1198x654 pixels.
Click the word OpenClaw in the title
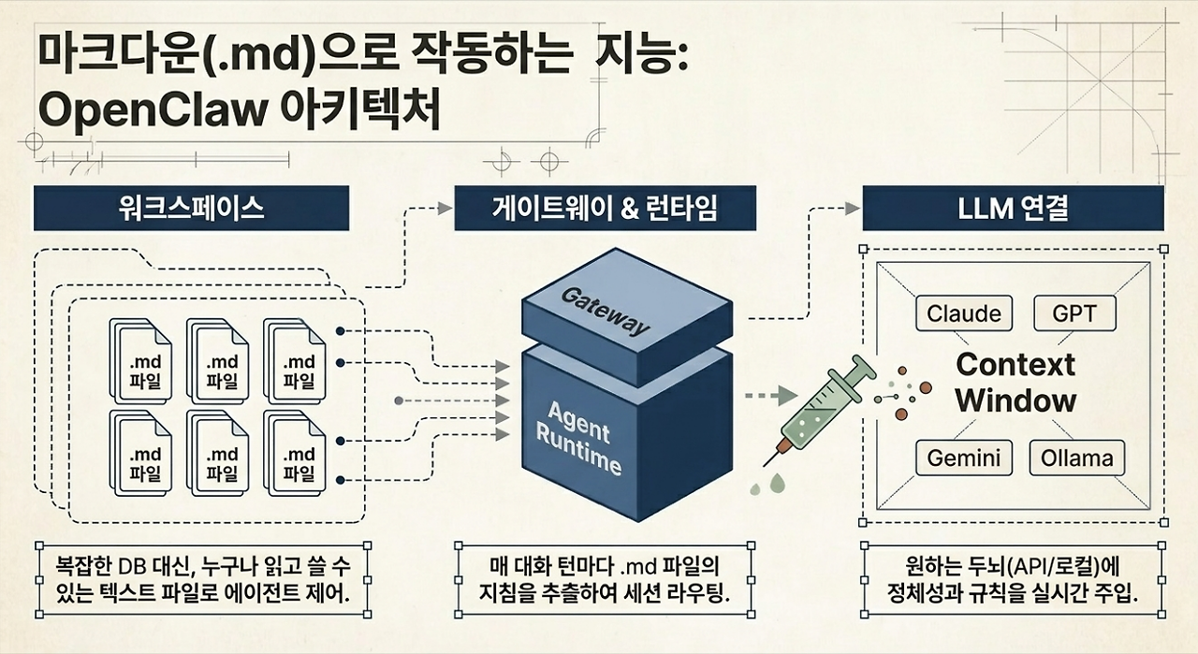(x=153, y=110)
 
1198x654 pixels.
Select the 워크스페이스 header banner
(x=192, y=208)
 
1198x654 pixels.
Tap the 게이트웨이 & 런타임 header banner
(x=605, y=208)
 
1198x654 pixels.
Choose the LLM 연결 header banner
(x=1013, y=208)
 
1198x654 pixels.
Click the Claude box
(x=964, y=313)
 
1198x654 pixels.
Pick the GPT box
(x=1074, y=313)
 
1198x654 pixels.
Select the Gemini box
(x=964, y=458)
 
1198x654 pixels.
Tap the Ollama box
(x=1076, y=458)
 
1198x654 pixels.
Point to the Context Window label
(x=1015, y=383)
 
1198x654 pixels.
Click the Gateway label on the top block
(x=606, y=311)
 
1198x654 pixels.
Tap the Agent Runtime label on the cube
(x=578, y=440)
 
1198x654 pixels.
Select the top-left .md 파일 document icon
(x=140, y=361)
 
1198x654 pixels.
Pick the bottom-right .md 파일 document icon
(x=295, y=453)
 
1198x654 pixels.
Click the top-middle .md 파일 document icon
(x=218, y=361)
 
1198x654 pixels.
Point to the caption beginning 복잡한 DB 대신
(x=203, y=580)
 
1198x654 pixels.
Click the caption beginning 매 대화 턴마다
(x=605, y=580)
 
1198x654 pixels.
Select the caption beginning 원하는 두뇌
(x=1013, y=580)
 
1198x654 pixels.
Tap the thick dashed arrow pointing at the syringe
(x=771, y=396)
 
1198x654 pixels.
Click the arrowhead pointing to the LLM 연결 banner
(x=852, y=208)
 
